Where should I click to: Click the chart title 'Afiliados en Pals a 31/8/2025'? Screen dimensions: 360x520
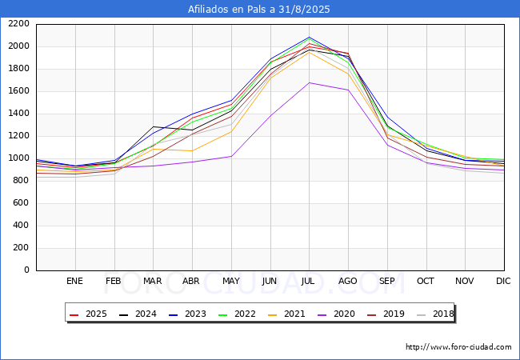click(259, 10)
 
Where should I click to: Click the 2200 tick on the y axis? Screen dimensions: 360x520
click(18, 24)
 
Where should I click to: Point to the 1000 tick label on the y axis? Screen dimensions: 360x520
click(18, 158)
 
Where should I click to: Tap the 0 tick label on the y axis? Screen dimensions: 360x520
click(26, 270)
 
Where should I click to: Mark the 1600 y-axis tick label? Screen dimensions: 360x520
click(18, 91)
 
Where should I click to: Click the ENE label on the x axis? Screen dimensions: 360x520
click(74, 281)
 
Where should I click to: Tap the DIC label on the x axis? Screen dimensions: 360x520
click(503, 281)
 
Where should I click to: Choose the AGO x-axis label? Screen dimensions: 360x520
click(348, 281)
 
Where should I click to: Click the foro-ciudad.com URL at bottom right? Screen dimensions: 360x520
click(458, 347)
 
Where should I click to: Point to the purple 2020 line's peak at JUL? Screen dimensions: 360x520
click(310, 82)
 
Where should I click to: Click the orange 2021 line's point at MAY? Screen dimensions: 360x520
click(231, 130)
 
